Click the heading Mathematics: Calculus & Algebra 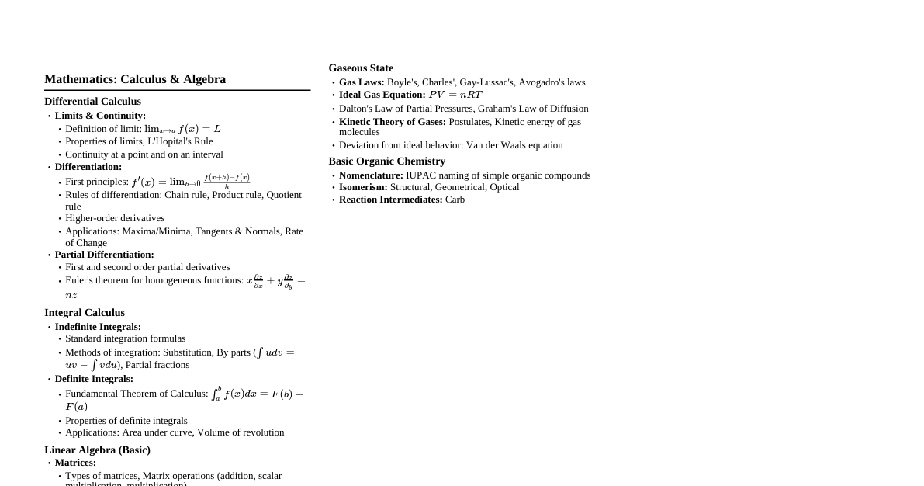click(135, 79)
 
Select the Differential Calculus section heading click(92, 102)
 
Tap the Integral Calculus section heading click(85, 313)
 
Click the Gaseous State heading click(361, 68)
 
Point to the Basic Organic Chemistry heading click(386, 161)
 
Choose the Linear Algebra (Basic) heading click(97, 450)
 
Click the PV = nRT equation click(455, 95)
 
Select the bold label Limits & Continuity click(100, 116)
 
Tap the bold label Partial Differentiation click(104, 255)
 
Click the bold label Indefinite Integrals click(98, 327)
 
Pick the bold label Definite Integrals click(94, 379)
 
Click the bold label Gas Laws click(362, 82)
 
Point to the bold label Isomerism click(363, 187)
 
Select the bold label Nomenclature click(371, 175)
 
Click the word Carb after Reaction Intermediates click(455, 200)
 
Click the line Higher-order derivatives click(115, 218)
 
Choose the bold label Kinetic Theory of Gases click(393, 122)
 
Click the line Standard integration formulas click(125, 338)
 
